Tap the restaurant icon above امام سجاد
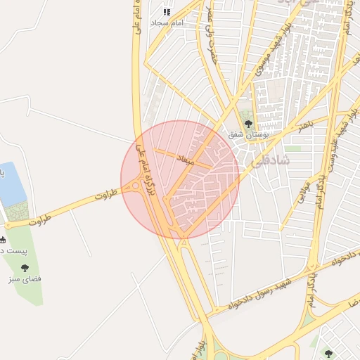[x=167, y=12]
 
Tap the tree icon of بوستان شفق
[x=247, y=124]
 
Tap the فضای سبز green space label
[x=26, y=279]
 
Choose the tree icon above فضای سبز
[x=25, y=268]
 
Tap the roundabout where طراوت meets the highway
[x=135, y=186]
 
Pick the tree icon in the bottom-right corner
[x=328, y=353]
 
